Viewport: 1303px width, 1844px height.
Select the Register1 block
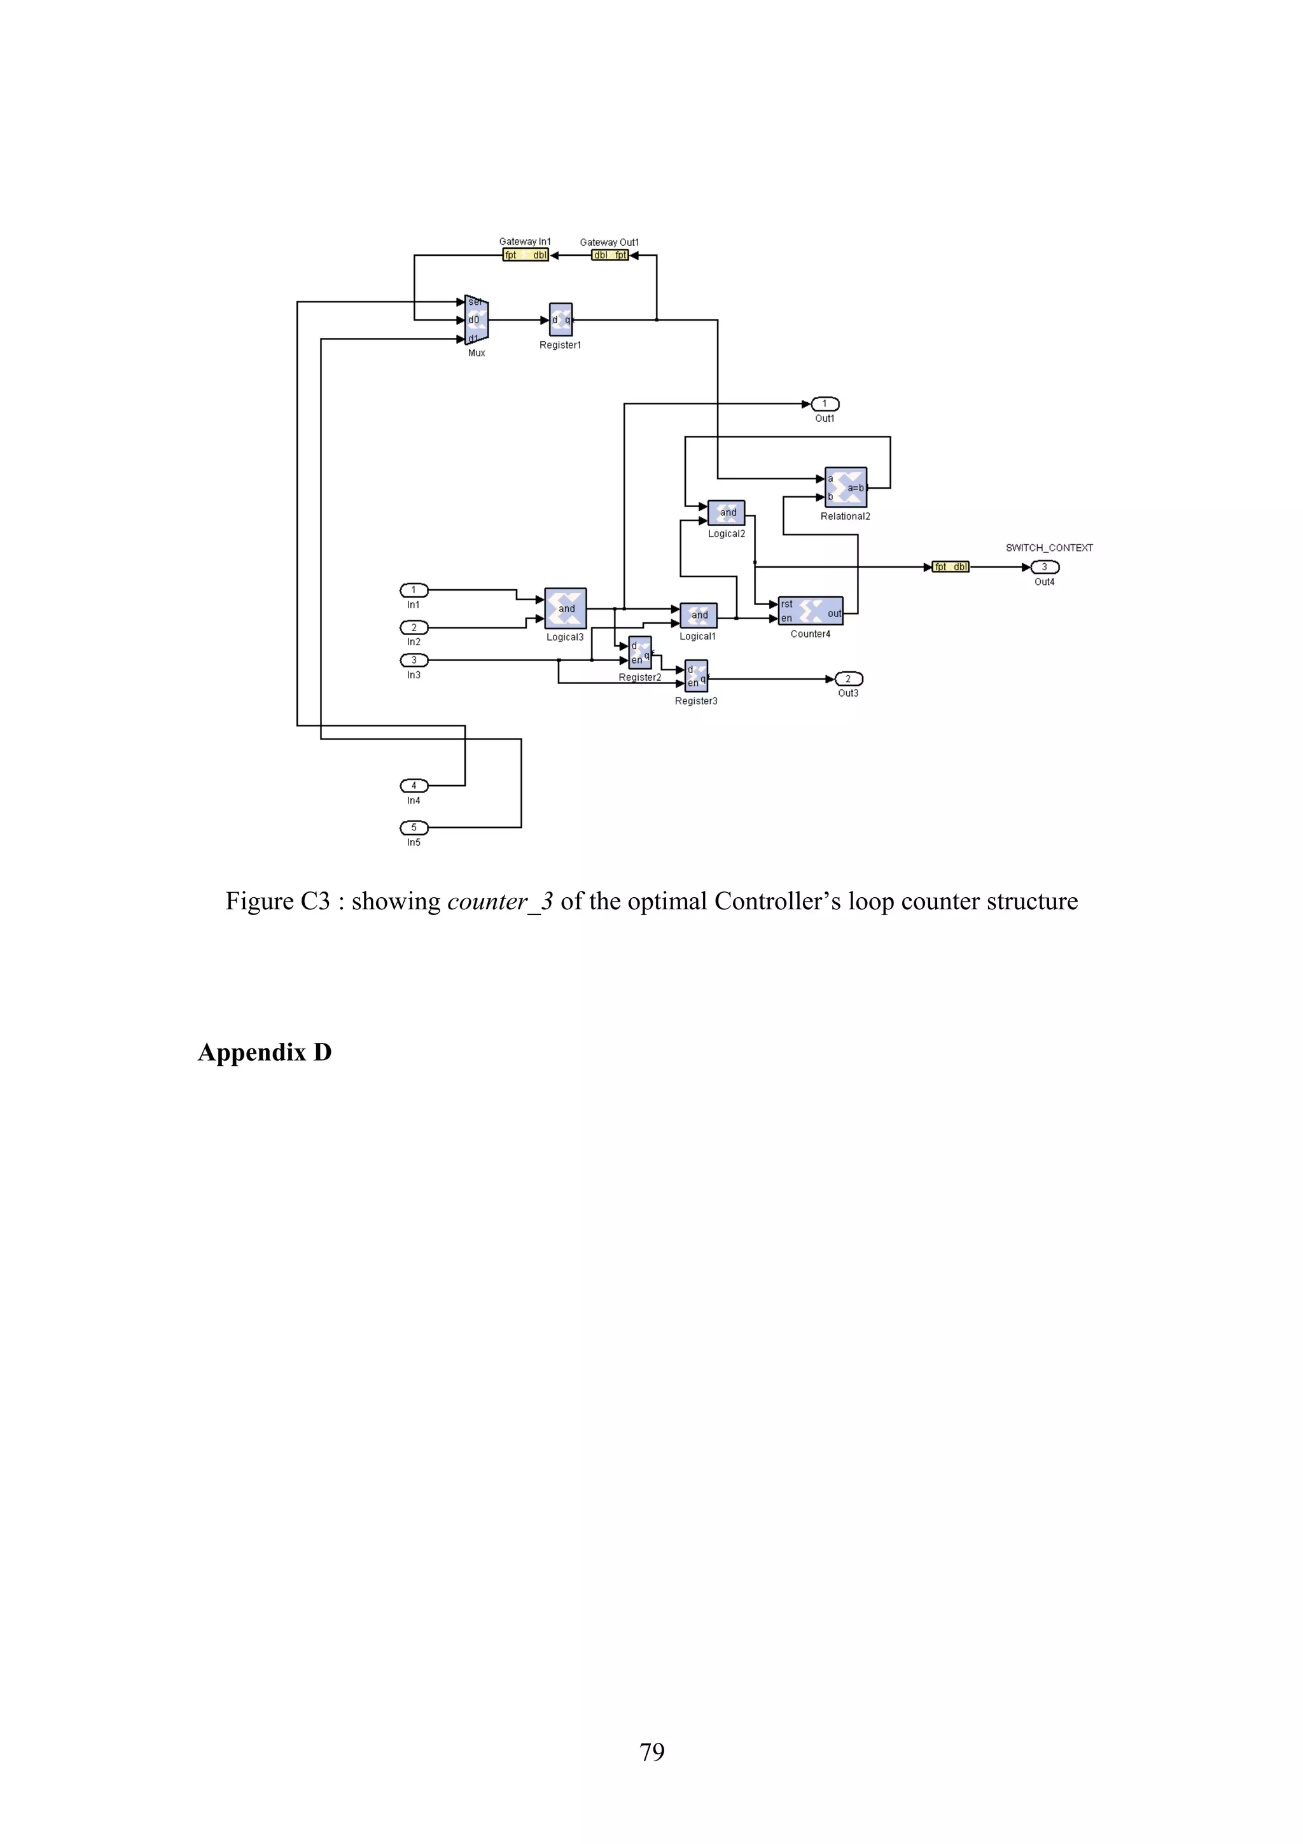click(561, 319)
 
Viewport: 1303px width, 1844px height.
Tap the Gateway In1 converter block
click(525, 255)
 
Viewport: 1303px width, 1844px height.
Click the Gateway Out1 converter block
click(610, 255)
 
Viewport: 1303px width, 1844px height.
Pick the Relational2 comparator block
click(846, 487)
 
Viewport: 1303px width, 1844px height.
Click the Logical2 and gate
click(727, 512)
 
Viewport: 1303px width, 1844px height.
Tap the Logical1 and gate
click(699, 615)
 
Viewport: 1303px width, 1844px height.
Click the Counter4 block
click(811, 611)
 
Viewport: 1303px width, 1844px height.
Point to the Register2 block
click(640, 653)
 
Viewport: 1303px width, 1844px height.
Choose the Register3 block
click(696, 676)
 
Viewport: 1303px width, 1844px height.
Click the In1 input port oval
click(414, 590)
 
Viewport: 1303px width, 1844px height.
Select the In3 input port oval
click(414, 660)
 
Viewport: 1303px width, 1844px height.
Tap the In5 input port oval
click(414, 827)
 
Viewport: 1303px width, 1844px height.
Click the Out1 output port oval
click(825, 404)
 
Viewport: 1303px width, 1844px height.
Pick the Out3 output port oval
click(849, 680)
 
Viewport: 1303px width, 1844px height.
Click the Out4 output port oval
click(1045, 567)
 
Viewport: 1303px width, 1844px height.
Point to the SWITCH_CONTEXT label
click(1049, 548)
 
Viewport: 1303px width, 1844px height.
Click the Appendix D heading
click(265, 1052)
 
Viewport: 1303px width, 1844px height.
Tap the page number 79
click(652, 1752)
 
